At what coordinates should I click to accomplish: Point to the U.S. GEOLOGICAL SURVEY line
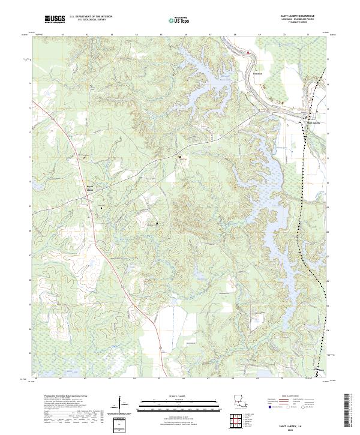tap(88, 21)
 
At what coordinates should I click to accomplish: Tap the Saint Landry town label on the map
tap(316, 124)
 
